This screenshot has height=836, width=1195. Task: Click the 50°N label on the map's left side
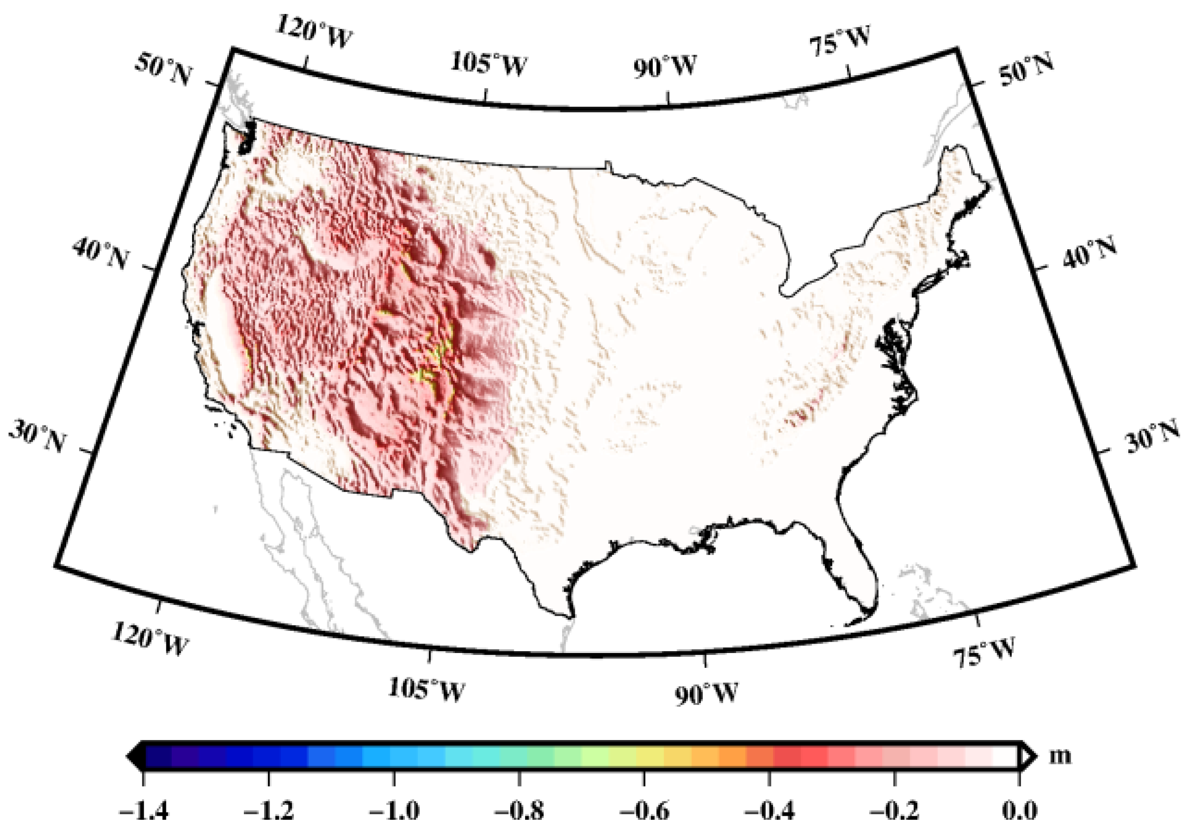click(163, 70)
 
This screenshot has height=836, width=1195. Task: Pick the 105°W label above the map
click(488, 64)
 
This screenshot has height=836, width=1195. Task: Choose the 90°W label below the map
click(707, 694)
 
